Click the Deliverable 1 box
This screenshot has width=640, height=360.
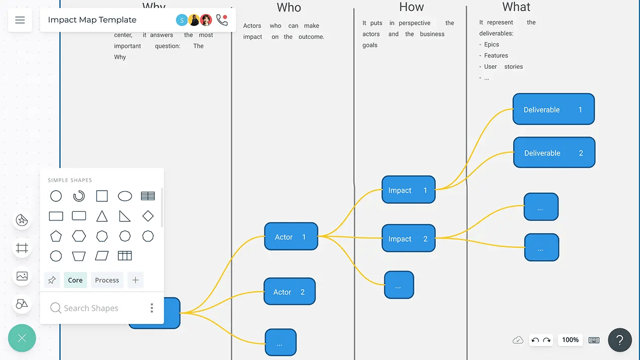click(x=554, y=109)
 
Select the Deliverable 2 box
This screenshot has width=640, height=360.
click(x=554, y=153)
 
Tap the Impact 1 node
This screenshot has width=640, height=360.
click(x=408, y=190)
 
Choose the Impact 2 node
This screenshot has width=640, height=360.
click(x=408, y=239)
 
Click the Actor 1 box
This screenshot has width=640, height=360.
click(x=291, y=237)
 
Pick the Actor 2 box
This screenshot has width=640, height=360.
click(x=290, y=292)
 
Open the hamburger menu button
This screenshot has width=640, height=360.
click(x=20, y=20)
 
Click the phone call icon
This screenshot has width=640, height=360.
click(x=221, y=20)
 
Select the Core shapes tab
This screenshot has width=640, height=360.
click(x=75, y=280)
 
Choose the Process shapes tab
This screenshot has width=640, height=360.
click(x=107, y=280)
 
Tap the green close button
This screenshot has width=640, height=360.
click(x=22, y=338)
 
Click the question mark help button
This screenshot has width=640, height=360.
click(x=620, y=340)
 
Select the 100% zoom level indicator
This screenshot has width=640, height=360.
click(x=570, y=340)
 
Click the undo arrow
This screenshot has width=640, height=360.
click(x=535, y=340)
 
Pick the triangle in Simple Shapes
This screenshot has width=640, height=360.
click(x=102, y=216)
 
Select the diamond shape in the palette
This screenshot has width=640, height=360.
click(x=148, y=216)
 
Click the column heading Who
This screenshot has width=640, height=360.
click(x=289, y=8)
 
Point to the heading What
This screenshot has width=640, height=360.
click(x=516, y=7)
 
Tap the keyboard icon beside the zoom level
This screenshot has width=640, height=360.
click(x=594, y=340)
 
